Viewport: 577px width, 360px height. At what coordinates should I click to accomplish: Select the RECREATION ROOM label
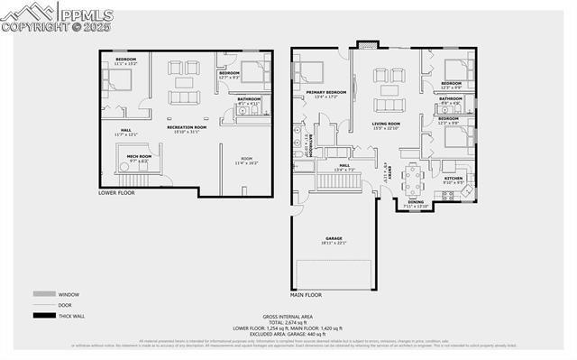tap(187, 128)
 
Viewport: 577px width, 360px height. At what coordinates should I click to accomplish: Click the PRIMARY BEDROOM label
tap(325, 92)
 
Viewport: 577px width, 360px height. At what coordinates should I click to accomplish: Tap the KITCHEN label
tap(453, 179)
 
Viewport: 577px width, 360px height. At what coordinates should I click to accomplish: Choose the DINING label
tap(415, 202)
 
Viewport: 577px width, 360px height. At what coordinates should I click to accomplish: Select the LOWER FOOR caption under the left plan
tap(117, 192)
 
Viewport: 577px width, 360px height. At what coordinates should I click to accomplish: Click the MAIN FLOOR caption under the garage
tap(307, 294)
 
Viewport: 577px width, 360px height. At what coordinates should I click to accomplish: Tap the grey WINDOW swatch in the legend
tap(42, 294)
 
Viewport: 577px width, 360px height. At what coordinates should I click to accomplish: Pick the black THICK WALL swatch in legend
tap(42, 315)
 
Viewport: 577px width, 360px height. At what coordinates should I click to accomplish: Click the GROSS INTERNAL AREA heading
tap(288, 316)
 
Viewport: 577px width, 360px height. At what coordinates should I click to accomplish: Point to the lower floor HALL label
tap(125, 130)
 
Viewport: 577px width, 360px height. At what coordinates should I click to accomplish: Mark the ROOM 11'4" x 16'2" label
tap(246, 160)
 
